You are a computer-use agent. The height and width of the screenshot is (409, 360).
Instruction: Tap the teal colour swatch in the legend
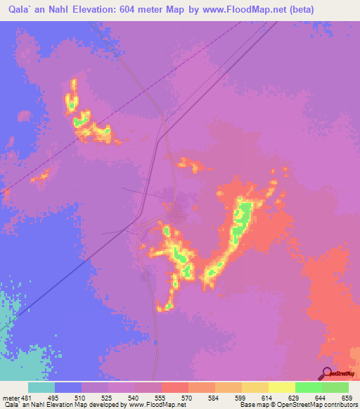[41, 387]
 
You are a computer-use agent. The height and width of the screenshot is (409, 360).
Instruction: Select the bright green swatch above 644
[308, 387]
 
